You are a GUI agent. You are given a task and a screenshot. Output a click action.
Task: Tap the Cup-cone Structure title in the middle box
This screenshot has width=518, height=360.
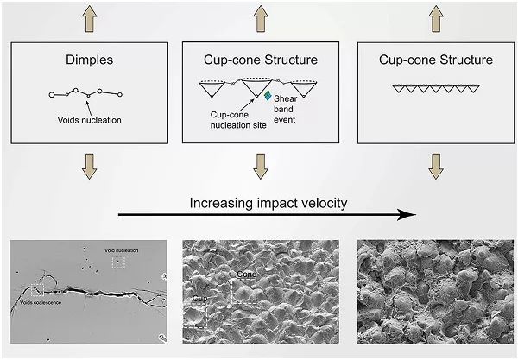coord(258,60)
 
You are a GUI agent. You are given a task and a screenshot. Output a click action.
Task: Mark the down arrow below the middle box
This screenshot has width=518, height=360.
coord(260,165)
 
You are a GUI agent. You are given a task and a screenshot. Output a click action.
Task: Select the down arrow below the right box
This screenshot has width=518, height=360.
coord(437,165)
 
